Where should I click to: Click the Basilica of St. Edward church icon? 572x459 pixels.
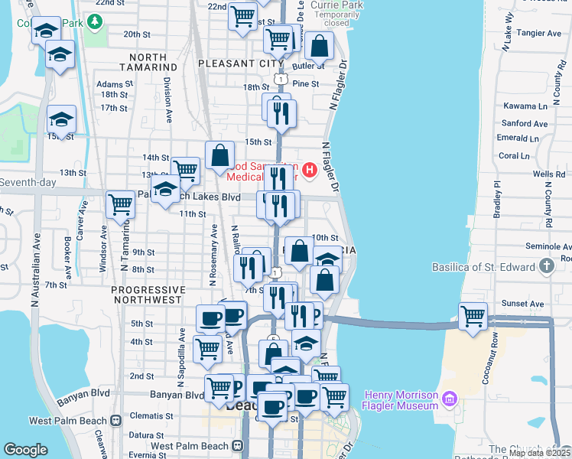click(x=546, y=265)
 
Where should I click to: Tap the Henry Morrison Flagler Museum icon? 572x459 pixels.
click(x=450, y=399)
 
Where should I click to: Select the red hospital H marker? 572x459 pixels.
click(x=310, y=170)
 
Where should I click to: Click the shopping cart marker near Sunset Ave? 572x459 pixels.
click(x=473, y=315)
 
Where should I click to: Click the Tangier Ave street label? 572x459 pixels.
click(x=538, y=34)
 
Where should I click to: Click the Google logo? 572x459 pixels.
click(x=26, y=450)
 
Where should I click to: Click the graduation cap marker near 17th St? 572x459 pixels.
click(x=62, y=119)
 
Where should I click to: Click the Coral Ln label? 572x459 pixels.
click(x=513, y=155)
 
